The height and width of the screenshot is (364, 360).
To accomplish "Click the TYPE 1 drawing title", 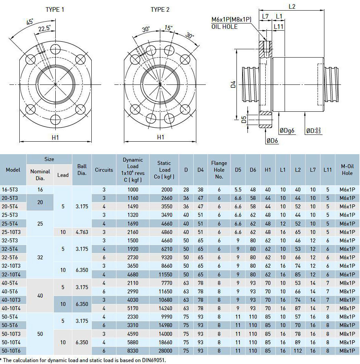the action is (55, 10).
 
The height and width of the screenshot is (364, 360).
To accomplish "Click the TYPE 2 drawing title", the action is (160, 10).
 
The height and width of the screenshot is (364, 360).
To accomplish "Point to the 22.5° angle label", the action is (44, 28).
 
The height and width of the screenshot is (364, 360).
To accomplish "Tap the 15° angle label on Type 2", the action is (168, 28).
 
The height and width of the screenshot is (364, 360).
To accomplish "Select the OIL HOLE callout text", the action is (224, 27).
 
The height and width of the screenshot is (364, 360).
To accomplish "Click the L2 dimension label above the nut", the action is (292, 6).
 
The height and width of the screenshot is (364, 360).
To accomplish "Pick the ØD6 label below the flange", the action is (272, 141).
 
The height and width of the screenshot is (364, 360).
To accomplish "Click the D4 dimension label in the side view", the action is (233, 84).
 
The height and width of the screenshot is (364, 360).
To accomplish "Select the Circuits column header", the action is (104, 170).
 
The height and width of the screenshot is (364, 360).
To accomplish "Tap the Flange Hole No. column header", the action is (219, 170).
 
